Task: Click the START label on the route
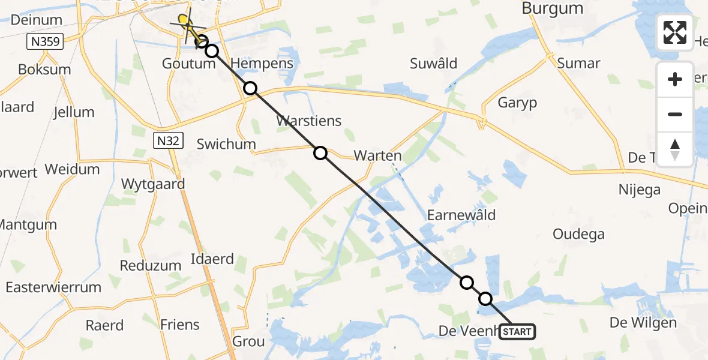[517, 331]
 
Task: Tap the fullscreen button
[675, 32]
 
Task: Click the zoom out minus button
[675, 114]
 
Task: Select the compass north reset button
[675, 149]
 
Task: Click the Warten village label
[377, 155]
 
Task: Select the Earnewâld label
[461, 215]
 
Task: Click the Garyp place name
[517, 103]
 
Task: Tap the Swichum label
[227, 144]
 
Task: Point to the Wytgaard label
[153, 184]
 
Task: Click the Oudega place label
[578, 234]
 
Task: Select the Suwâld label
[433, 64]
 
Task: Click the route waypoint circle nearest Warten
[320, 153]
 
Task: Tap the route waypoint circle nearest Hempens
[250, 88]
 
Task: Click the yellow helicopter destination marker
[185, 21]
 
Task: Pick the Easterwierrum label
[53, 287]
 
